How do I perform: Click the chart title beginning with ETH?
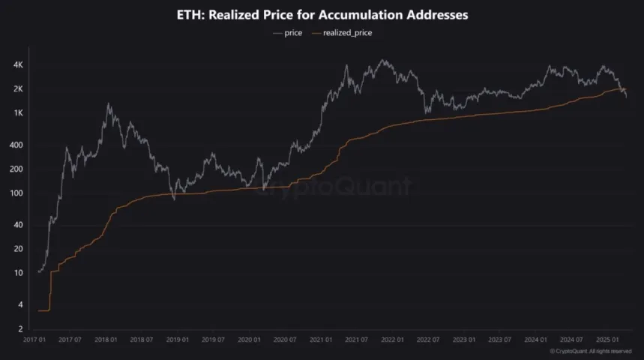(x=322, y=15)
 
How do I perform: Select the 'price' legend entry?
(x=288, y=33)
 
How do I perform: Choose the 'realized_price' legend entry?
(x=346, y=33)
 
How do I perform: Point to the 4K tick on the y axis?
(x=19, y=65)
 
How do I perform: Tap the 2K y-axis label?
(x=19, y=89)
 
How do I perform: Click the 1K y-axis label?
(x=19, y=113)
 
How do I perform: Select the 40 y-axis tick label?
(x=19, y=225)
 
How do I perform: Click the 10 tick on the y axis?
(x=19, y=273)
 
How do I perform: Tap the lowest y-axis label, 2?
(x=22, y=328)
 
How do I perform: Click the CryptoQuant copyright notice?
(x=591, y=351)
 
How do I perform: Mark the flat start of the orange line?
(x=43, y=310)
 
